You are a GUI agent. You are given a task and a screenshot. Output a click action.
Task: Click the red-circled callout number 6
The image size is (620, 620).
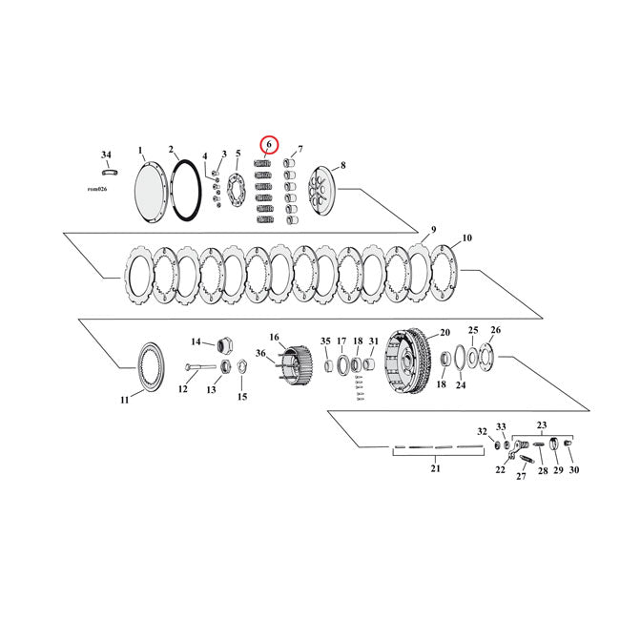point(269,145)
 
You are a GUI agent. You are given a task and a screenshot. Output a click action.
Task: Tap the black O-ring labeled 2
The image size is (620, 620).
point(185,191)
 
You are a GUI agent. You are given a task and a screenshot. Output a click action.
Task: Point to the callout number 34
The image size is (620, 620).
point(106,155)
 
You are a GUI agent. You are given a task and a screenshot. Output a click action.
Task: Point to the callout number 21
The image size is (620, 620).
point(436,469)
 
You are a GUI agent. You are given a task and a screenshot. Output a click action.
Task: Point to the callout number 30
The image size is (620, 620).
point(573,470)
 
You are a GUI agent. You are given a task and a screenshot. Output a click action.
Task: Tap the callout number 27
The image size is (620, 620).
point(521,476)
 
